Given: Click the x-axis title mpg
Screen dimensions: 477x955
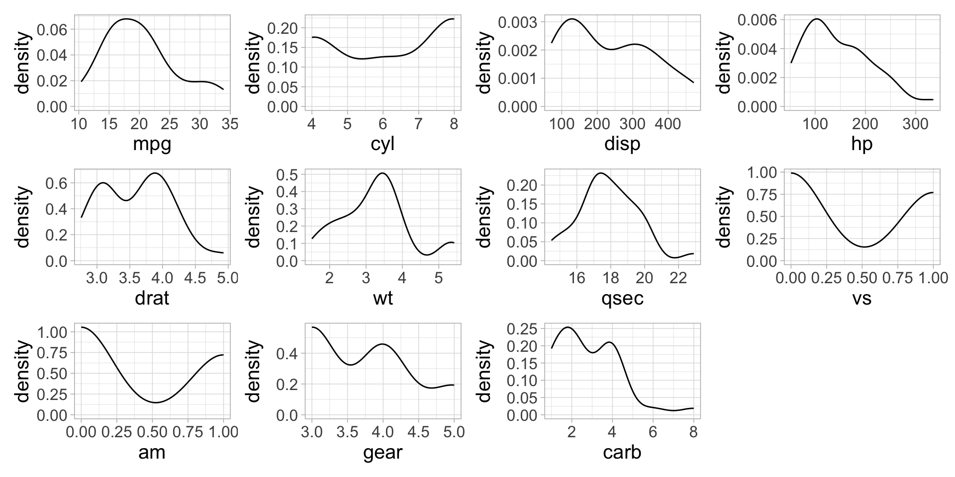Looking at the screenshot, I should click(x=152, y=144).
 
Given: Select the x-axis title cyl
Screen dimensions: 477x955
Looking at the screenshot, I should click(x=382, y=144).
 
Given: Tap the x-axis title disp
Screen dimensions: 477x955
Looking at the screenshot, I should click(x=622, y=144).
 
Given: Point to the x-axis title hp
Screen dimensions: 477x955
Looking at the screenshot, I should click(x=861, y=144).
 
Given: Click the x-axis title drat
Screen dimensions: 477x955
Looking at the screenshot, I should click(x=152, y=298).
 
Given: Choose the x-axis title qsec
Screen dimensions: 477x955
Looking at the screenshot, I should click(x=622, y=298).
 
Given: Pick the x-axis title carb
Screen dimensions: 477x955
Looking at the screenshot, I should click(x=622, y=452).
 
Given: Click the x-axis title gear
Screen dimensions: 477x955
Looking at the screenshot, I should click(x=382, y=452).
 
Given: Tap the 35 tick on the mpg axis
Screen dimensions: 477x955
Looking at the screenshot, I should click(x=230, y=124).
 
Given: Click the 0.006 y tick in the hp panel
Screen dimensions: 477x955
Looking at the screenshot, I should click(x=758, y=20).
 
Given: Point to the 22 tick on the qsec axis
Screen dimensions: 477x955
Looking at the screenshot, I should click(x=678, y=278).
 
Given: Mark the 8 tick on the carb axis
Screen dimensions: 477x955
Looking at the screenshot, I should click(x=693, y=432).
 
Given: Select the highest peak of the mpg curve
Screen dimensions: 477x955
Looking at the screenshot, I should click(x=126, y=19).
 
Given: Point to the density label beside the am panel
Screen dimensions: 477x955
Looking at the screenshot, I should click(x=22, y=371).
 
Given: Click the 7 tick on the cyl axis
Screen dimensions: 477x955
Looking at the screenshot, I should click(x=418, y=124).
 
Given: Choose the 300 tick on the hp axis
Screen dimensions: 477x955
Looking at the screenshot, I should click(x=915, y=124).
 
